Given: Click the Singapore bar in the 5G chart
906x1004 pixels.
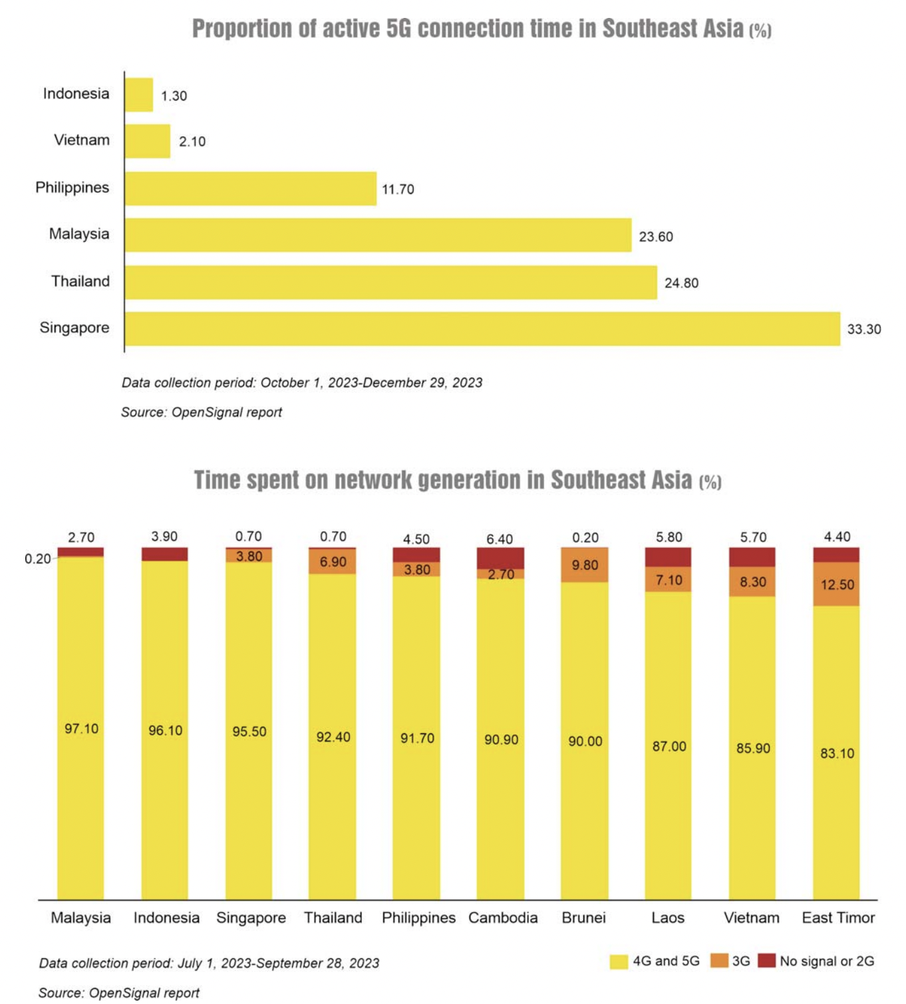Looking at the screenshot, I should coord(482,328).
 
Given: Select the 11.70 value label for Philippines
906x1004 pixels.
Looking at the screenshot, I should coord(398,189).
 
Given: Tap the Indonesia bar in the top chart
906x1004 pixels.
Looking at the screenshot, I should coord(139,94).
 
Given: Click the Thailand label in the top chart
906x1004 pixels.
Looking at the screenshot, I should coord(80,281).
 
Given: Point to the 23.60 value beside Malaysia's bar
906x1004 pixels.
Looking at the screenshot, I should coord(656,237).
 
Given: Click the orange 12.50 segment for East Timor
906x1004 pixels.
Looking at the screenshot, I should coord(836,584).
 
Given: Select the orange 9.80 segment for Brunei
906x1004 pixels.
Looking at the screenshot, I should coord(584,565).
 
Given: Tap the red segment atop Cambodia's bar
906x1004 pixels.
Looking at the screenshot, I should coord(500,557).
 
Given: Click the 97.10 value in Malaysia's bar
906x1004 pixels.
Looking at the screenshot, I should coord(81,729).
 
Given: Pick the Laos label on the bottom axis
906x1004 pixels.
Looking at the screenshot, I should coord(668,918).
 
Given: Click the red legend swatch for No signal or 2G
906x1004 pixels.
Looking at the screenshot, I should coord(767,961).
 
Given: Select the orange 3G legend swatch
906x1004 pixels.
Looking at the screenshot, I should coord(719,961).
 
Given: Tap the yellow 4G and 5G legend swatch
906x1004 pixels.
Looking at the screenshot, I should coord(619,961).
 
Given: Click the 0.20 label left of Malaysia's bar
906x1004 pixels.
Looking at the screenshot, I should coord(37,559).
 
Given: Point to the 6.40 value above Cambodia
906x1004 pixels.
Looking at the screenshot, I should coord(500,539).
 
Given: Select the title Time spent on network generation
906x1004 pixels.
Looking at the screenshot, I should coord(442,480).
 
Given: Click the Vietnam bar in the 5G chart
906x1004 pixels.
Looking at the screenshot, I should coord(147,141).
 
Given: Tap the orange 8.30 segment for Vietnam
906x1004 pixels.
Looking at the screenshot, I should coord(752,582).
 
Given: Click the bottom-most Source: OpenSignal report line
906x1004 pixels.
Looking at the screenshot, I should coord(119,993).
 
